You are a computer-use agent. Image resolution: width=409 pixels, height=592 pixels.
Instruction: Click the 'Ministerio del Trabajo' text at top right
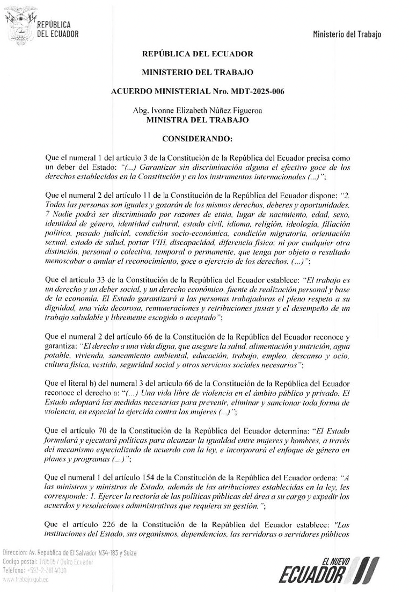(x=347, y=35)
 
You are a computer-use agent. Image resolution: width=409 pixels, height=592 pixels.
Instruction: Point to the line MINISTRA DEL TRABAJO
(x=197, y=120)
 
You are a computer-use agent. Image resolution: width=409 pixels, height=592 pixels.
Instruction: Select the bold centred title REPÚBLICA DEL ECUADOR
(x=197, y=54)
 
